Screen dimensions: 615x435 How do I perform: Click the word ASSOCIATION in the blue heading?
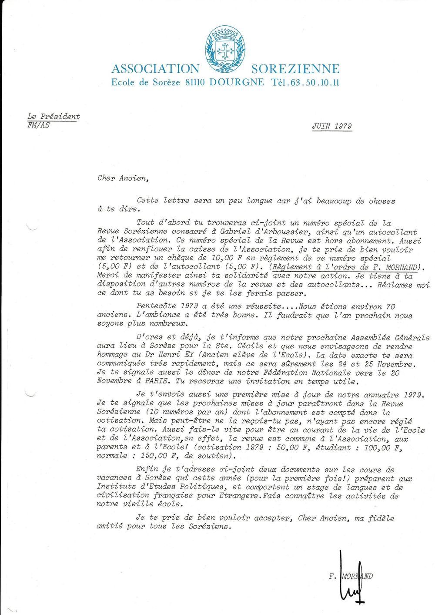coord(155,69)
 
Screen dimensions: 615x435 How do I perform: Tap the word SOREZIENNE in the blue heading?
coord(295,69)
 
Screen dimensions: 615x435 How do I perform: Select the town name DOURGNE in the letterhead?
coord(236,81)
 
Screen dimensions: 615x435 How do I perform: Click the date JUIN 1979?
coord(331,126)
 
